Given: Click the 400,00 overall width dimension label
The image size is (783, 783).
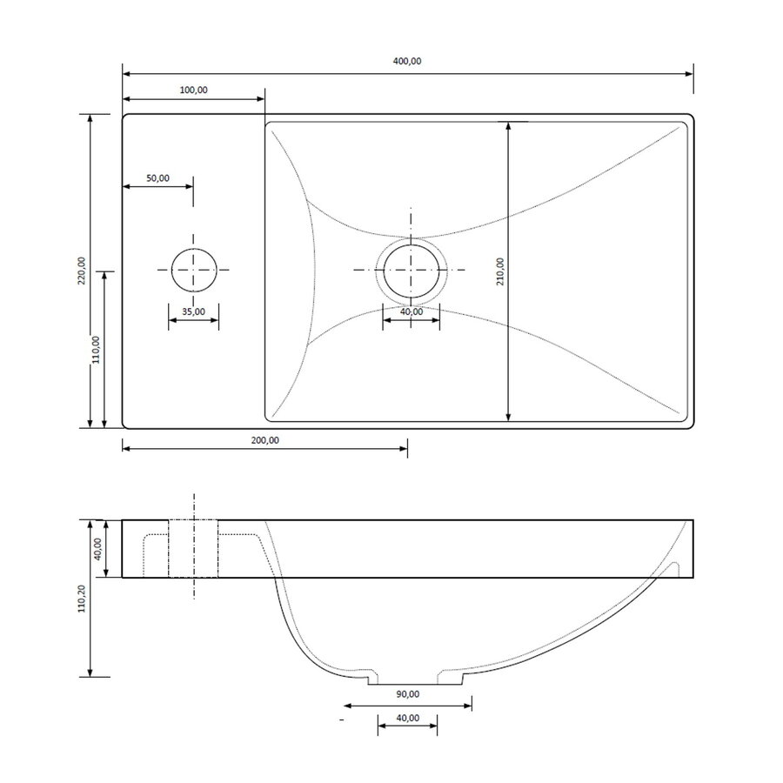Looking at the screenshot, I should pos(407,62).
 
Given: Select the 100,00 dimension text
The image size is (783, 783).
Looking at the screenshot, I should pos(192,90).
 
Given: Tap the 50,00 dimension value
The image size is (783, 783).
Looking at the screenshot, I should pos(157,177).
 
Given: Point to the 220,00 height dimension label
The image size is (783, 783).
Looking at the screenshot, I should pos(81,271).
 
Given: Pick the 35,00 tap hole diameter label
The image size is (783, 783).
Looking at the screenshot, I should pos(193,311).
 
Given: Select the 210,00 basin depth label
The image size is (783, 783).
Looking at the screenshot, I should pos(500,271).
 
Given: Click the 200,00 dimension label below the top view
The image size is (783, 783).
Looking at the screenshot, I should pos(264,440).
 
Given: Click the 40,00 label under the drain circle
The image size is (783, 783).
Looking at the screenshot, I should pos(412,311).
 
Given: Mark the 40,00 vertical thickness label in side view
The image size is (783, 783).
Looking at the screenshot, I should pos(97,548).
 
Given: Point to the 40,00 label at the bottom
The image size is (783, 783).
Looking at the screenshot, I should pos(406,718).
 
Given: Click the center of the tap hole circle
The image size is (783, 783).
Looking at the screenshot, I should pos(193,270).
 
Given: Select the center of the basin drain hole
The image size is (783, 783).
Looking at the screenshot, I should pos(412,270).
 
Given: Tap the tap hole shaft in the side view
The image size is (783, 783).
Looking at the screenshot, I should pos(193,548).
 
